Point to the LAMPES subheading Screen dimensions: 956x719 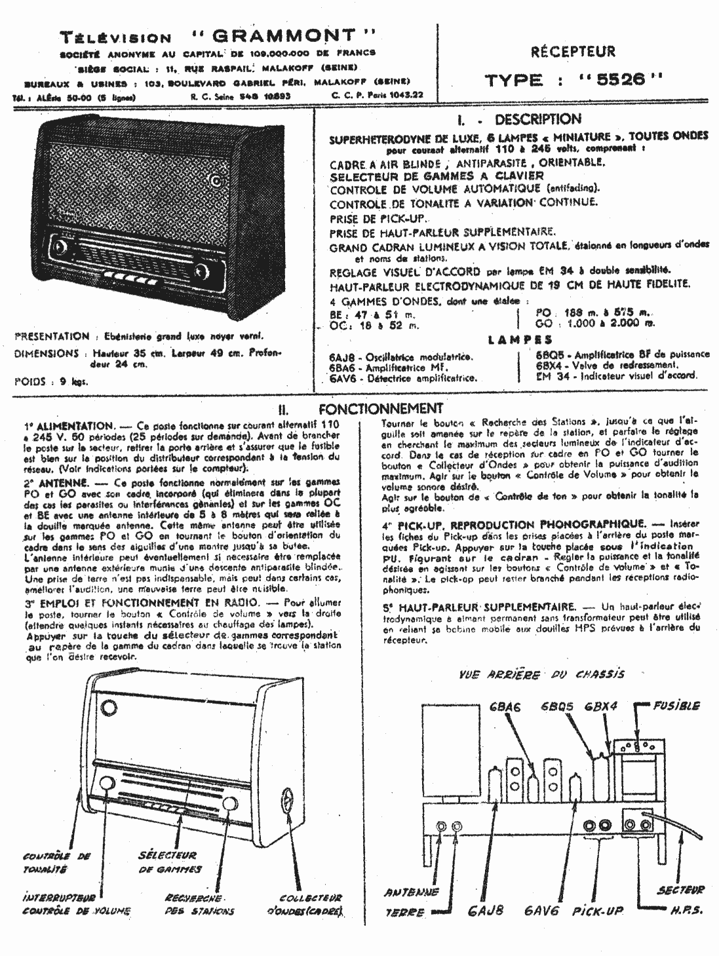click(x=521, y=341)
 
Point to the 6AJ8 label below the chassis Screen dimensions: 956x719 click(x=486, y=911)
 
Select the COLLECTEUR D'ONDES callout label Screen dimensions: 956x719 click(x=305, y=904)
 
